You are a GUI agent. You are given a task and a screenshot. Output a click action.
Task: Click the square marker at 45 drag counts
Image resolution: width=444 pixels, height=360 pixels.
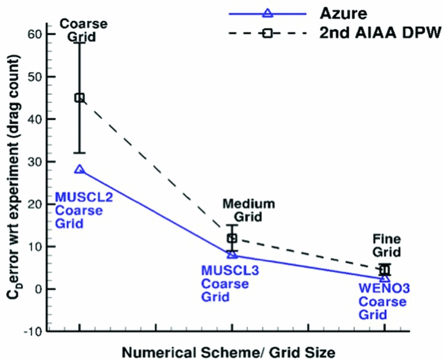(x=79, y=98)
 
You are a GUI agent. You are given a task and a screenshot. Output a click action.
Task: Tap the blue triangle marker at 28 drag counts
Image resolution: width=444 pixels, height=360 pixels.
(x=79, y=169)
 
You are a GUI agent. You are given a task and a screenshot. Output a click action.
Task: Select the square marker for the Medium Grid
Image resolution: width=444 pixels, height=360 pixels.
(x=232, y=238)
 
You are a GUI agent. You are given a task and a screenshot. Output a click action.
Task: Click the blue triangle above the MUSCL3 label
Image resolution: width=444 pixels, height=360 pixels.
(x=232, y=254)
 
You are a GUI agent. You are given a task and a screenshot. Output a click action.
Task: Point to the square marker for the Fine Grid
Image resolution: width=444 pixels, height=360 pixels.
(x=385, y=270)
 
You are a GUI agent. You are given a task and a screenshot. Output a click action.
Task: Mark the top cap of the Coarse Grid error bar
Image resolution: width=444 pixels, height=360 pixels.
(x=79, y=42)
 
